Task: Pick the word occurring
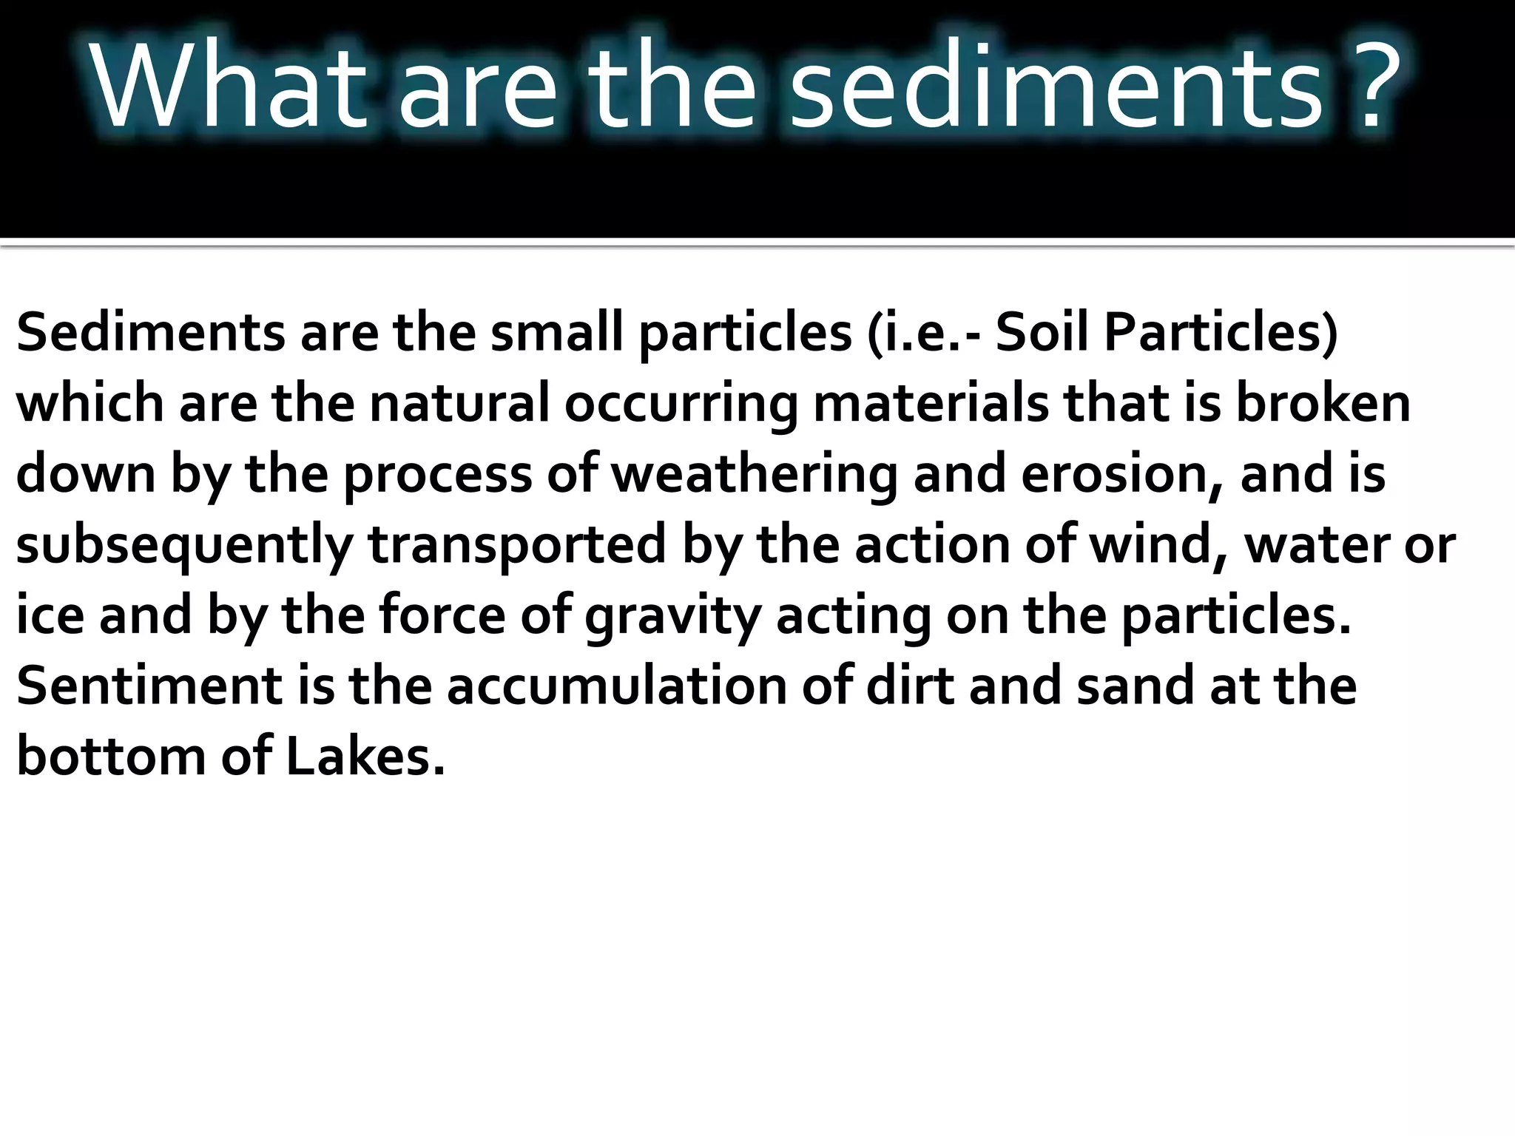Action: pos(681,405)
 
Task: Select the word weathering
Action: pos(754,475)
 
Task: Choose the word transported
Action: pos(517,546)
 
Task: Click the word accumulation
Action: pos(617,686)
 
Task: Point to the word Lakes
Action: pos(365,757)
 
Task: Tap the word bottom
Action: pos(111,757)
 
